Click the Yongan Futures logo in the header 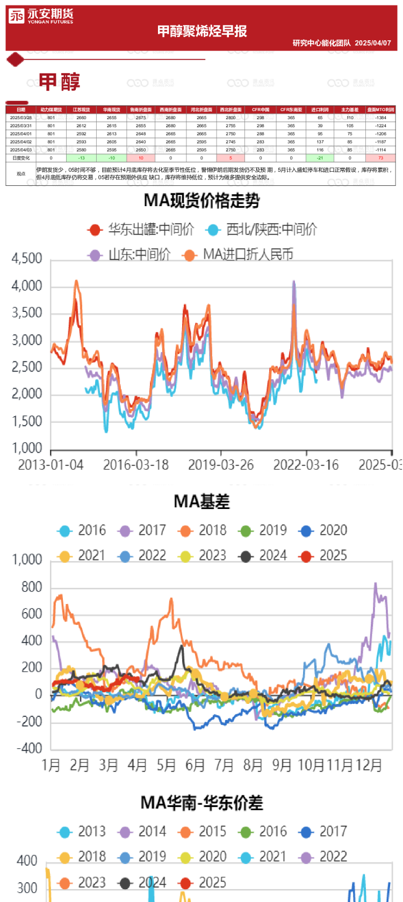pos(41,17)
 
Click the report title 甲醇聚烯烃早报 pos(202,31)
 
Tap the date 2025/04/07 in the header pos(373,43)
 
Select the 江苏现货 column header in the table pos(81,110)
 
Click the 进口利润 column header pos(320,110)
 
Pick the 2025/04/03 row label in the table pos(21,150)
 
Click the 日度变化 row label pos(21,158)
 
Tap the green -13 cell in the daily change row pos(81,158)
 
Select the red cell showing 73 pos(380,158)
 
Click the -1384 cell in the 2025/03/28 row pos(380,118)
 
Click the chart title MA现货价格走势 pos(202,201)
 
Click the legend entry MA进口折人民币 pos(239,254)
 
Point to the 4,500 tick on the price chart pos(27,259)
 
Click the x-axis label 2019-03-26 pos(221,465)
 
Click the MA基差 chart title pos(202,502)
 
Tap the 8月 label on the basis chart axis pos(253,765)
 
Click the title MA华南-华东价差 pos(202,803)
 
